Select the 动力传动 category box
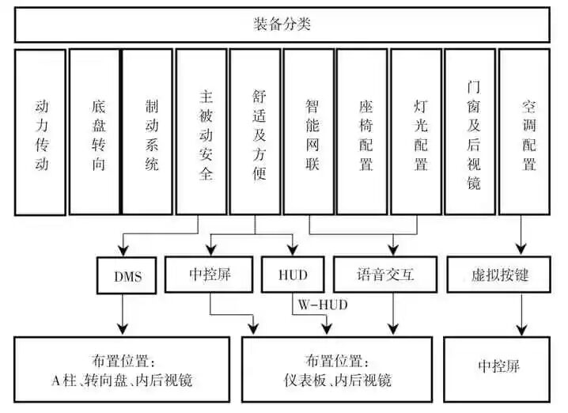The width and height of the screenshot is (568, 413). point(40,132)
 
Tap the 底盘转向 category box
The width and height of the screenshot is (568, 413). point(94,132)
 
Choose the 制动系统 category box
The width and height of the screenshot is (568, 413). point(147,132)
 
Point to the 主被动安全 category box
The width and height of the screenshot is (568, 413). point(202,132)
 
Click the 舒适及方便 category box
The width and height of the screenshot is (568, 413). point(255,132)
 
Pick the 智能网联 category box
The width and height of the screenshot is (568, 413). point(309,132)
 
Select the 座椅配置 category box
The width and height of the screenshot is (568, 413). point(362,132)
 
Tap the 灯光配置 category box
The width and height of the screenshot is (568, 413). point(416,132)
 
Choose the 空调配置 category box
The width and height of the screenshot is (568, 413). point(524,132)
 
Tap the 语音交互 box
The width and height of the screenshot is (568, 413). point(385,276)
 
